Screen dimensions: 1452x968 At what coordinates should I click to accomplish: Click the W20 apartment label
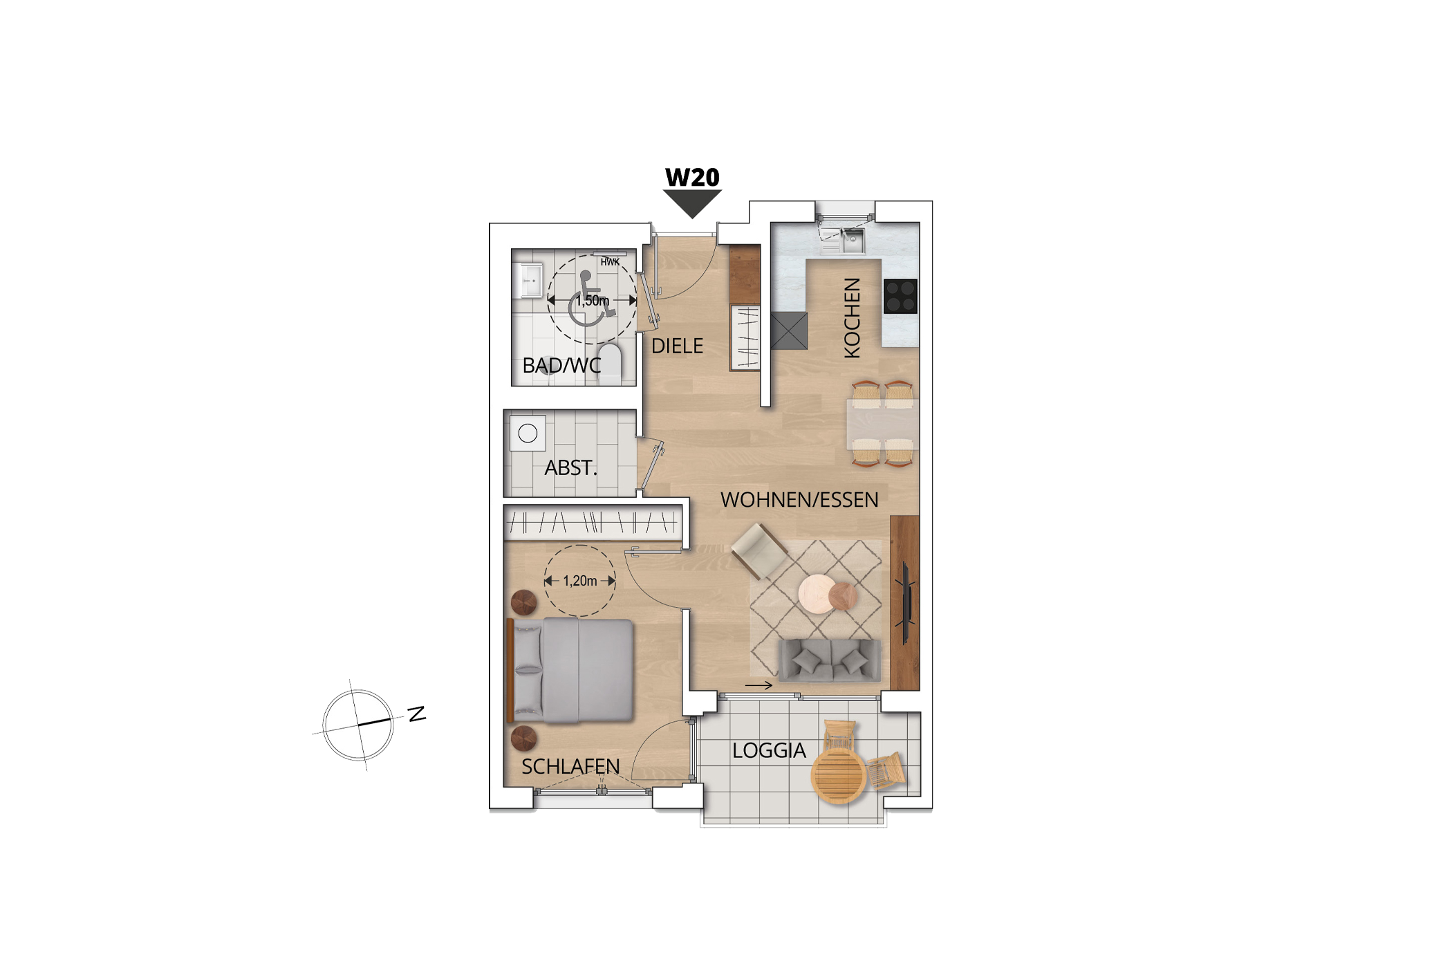pyautogui.click(x=692, y=178)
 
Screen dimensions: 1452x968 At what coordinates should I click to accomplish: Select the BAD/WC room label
pyautogui.click(x=561, y=365)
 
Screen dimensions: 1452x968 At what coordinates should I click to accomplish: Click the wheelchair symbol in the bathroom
pyautogui.click(x=591, y=299)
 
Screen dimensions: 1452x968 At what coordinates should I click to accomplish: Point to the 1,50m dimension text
pyautogui.click(x=593, y=301)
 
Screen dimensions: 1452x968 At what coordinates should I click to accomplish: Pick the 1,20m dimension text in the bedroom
pyautogui.click(x=579, y=581)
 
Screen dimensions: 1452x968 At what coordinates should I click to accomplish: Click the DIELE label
pyautogui.click(x=677, y=346)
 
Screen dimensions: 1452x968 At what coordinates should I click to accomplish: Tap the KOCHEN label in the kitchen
pyautogui.click(x=853, y=318)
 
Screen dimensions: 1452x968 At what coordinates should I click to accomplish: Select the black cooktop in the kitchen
pyautogui.click(x=900, y=296)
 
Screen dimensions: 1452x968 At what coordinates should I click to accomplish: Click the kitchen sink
pyautogui.click(x=853, y=241)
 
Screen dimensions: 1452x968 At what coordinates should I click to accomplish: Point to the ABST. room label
pyautogui.click(x=570, y=468)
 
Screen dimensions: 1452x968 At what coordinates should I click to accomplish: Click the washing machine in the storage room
pyautogui.click(x=528, y=433)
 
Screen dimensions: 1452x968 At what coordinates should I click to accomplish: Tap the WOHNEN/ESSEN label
pyautogui.click(x=799, y=500)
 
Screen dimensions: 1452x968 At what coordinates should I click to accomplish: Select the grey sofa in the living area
pyautogui.click(x=830, y=660)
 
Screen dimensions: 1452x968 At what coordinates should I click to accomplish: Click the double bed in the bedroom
pyautogui.click(x=571, y=670)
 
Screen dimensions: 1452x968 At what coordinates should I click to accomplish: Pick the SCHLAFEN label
pyautogui.click(x=570, y=766)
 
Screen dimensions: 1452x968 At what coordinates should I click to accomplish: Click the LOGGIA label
pyautogui.click(x=769, y=750)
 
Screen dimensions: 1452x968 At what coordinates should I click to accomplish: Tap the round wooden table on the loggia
pyautogui.click(x=839, y=775)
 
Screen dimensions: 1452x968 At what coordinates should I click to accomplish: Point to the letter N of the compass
pyautogui.click(x=417, y=714)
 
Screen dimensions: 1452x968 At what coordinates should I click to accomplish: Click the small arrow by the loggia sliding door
pyautogui.click(x=758, y=685)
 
